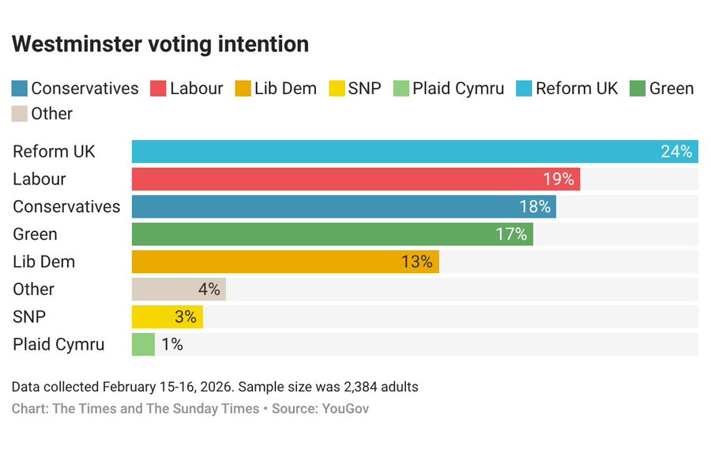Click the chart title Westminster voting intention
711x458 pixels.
(x=160, y=44)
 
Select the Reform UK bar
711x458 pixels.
(x=415, y=151)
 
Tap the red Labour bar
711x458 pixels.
(x=355, y=179)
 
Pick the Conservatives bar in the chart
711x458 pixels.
(x=344, y=206)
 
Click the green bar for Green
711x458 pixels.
(x=332, y=234)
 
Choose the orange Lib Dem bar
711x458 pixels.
(x=285, y=261)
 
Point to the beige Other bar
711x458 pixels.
(x=179, y=289)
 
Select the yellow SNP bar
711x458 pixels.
(x=167, y=316)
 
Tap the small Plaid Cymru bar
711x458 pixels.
(x=143, y=344)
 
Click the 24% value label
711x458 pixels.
(x=676, y=151)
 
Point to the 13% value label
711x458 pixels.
(x=416, y=261)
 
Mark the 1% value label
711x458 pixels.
(x=171, y=344)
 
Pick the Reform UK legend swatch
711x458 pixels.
(x=523, y=89)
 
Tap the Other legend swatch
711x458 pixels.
(x=20, y=114)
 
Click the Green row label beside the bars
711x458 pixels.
(x=35, y=234)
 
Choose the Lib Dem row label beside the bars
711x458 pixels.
(x=43, y=261)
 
